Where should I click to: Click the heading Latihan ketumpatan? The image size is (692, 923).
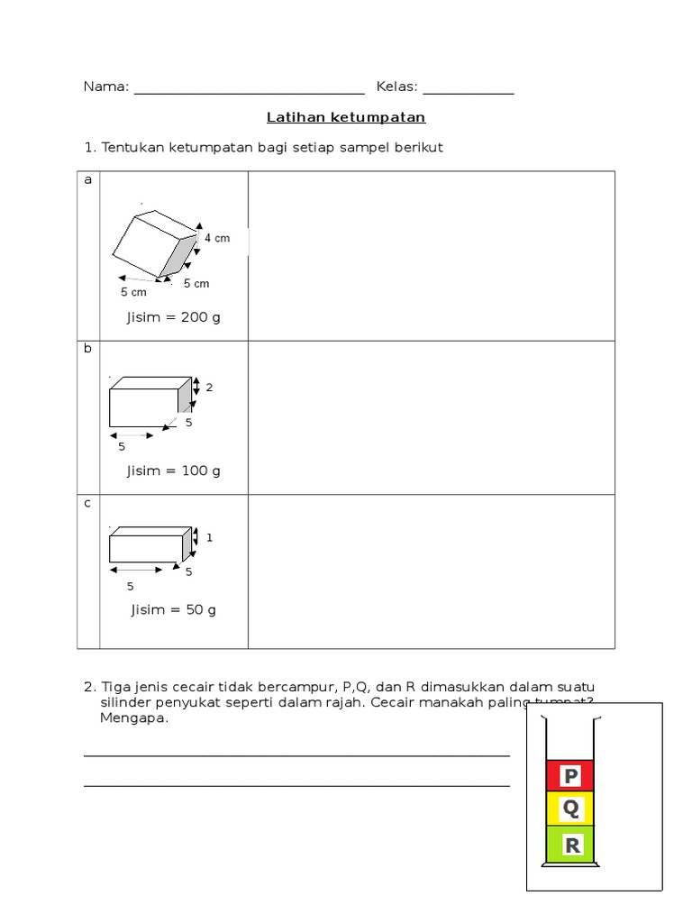tap(346, 117)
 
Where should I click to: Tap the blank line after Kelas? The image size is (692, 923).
tap(469, 91)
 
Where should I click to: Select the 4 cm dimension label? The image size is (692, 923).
tap(217, 238)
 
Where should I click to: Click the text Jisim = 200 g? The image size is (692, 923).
tap(174, 317)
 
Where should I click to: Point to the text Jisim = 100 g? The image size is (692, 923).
tap(174, 471)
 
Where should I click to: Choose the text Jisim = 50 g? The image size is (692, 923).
tap(174, 609)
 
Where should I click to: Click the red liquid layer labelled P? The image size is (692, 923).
tap(570, 776)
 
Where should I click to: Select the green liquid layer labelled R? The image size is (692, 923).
tap(570, 845)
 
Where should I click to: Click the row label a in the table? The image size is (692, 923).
tap(88, 180)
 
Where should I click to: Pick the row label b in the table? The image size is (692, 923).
tap(88, 348)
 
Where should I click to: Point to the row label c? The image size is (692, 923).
tap(88, 503)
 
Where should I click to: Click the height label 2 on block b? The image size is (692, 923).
tap(209, 388)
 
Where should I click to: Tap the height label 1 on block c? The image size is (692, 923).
tap(209, 537)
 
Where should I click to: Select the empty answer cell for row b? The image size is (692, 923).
tap(431, 416)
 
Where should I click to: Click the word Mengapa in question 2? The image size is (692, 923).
tap(134, 718)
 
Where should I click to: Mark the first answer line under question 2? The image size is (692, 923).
tap(296, 754)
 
